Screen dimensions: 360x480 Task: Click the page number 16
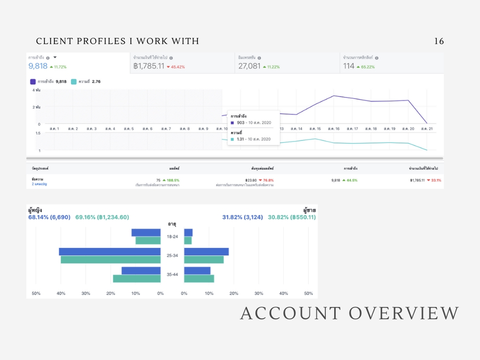coord(439,41)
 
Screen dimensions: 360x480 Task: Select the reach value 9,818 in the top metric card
coord(38,66)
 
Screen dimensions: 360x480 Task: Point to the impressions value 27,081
coord(249,66)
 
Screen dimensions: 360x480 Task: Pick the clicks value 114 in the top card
coord(348,66)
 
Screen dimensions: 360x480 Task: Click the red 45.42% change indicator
coord(176,66)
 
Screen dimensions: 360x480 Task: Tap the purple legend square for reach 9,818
coord(32,81)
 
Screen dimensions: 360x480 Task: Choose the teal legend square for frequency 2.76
coord(74,81)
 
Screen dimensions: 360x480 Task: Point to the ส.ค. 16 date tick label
coord(334,129)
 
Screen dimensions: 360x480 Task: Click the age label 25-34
coord(172,255)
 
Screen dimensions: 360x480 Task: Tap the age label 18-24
coord(172,236)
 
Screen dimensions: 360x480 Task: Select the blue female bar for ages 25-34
coord(109,251)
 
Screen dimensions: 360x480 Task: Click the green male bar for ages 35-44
coord(199,278)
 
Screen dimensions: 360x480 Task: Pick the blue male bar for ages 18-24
coord(188,232)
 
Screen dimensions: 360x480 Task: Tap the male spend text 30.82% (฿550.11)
coord(291,217)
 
